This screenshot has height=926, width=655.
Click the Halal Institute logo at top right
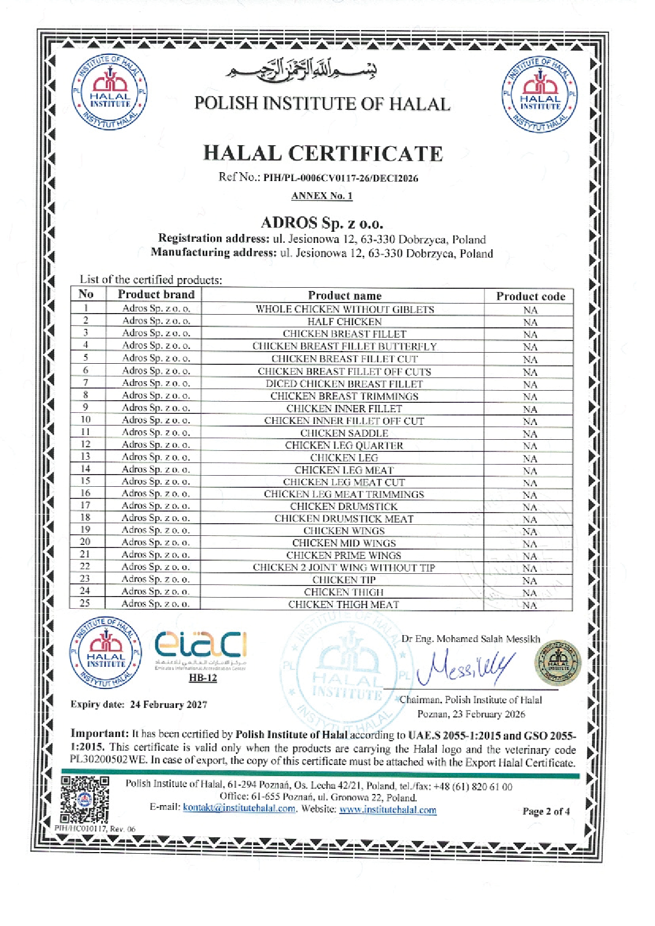coord(539,95)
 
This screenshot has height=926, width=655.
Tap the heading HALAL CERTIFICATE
coord(323,154)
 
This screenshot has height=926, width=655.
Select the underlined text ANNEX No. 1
coord(322,196)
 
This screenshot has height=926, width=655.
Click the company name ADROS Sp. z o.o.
coord(322,223)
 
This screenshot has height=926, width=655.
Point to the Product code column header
coord(530,296)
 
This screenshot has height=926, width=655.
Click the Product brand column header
coord(156,295)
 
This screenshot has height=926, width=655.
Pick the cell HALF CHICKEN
coord(344,322)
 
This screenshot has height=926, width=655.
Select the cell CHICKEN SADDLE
coord(344,433)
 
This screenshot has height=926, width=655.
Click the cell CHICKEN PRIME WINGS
coord(344,555)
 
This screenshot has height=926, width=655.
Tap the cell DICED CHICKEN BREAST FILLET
coord(344,384)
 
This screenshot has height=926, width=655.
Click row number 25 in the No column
coord(85,603)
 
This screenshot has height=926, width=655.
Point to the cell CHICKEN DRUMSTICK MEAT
coord(344,518)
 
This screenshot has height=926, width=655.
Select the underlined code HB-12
coord(203,678)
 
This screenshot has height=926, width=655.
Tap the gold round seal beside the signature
coord(558,663)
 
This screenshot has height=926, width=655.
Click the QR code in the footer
coord(85,799)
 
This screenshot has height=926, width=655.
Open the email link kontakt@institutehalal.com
coord(239,808)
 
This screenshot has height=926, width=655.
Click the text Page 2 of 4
coord(546,811)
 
